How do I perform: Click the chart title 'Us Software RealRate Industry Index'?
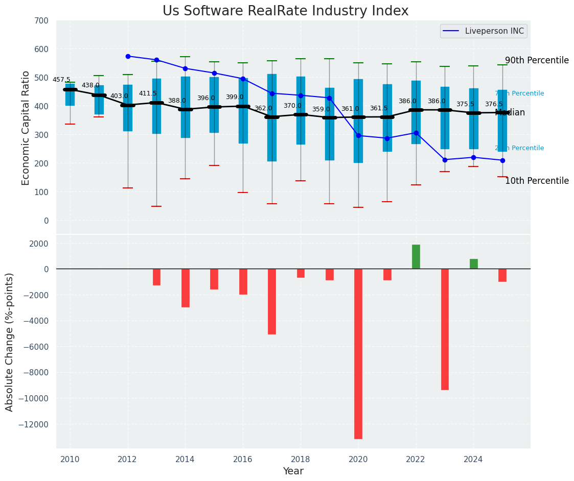[x=285, y=11]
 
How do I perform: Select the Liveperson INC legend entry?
[x=484, y=31]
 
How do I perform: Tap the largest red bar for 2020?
[x=358, y=353]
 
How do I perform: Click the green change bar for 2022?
[x=416, y=257]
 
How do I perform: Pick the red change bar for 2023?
[x=445, y=329]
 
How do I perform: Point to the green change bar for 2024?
[x=474, y=264]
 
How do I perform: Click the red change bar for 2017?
[x=272, y=301]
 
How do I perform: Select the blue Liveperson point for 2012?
[x=128, y=56]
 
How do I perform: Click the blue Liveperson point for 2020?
[x=358, y=136]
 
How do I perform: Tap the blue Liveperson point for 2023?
[x=445, y=160]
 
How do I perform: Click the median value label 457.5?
[x=61, y=80]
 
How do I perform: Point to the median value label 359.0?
[x=321, y=109]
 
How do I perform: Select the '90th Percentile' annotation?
[x=537, y=60]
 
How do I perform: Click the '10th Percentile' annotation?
[x=537, y=181]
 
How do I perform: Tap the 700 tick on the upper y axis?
[x=41, y=21]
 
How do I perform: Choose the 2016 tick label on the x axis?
[x=243, y=459]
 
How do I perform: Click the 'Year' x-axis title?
[x=293, y=471]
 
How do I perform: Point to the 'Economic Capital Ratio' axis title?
[x=26, y=127]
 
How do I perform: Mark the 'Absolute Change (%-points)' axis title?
[x=10, y=342]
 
